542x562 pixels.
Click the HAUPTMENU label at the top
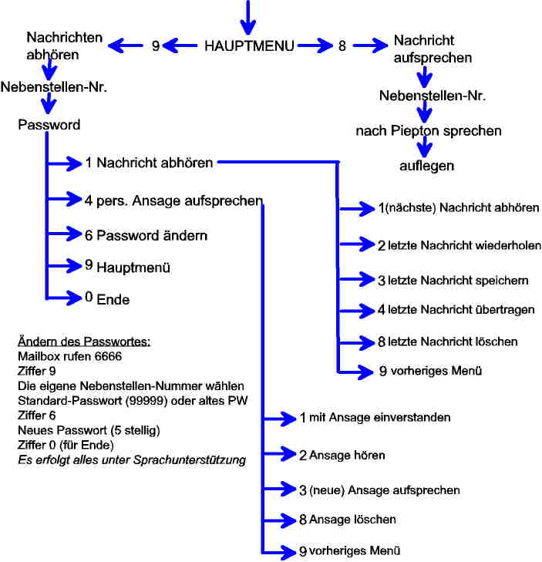coord(249,45)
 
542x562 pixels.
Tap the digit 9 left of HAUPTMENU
coord(156,46)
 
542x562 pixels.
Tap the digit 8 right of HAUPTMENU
coord(342,45)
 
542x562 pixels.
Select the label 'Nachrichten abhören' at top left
coord(53,45)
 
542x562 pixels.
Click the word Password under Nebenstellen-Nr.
coord(49,124)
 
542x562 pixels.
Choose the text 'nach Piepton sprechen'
coord(429,130)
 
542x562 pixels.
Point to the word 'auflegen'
coord(426,166)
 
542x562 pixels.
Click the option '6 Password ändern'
coord(146,234)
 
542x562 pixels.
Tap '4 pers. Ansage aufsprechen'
coord(174,200)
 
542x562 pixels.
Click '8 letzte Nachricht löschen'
coord(447,341)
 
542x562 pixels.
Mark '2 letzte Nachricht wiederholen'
coord(459,246)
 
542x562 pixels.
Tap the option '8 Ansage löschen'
coord(348,520)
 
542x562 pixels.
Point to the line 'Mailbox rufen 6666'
coord(69,357)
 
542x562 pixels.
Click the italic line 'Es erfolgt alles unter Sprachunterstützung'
coord(131,460)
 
